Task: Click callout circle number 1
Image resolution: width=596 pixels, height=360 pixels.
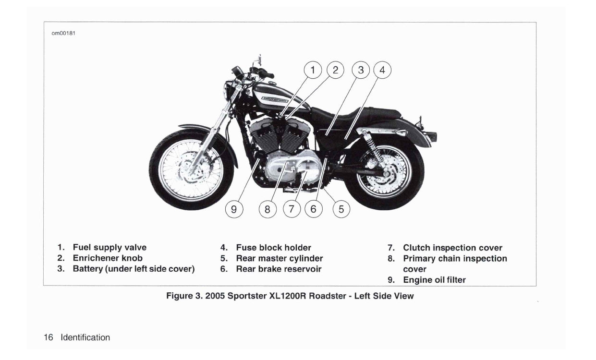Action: (313, 70)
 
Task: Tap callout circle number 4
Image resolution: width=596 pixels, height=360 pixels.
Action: (382, 70)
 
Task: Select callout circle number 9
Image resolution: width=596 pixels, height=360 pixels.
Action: (234, 209)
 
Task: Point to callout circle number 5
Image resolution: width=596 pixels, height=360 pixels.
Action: (341, 209)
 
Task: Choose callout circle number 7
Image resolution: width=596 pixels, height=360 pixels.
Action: (292, 209)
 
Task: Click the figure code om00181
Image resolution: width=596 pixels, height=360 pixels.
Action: (63, 33)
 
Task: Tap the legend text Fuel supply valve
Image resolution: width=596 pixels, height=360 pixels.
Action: (109, 248)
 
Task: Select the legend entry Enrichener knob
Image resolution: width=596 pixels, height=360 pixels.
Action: (108, 258)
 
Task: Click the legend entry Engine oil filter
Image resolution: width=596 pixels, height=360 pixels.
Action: (434, 280)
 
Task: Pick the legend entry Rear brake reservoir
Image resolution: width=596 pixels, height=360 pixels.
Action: (279, 269)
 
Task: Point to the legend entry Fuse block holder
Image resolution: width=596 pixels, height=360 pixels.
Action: (274, 248)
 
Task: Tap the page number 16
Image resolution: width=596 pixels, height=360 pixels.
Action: (49, 337)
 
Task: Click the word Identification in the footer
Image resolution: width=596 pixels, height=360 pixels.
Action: (85, 337)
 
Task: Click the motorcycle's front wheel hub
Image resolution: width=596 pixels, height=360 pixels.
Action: (189, 170)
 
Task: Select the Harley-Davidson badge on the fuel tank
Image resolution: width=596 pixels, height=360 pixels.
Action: (275, 100)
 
